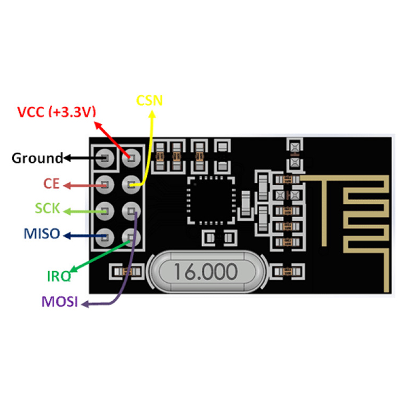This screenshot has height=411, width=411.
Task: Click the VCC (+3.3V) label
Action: (56, 112)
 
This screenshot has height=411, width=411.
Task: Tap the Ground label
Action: (37, 158)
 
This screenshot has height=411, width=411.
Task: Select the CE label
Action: (52, 184)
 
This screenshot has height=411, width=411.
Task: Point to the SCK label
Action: (48, 209)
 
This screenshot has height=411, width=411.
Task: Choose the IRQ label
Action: (59, 276)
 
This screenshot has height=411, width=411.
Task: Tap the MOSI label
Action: (60, 301)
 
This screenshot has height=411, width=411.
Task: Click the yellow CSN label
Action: (150, 100)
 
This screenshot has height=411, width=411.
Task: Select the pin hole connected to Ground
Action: (105, 158)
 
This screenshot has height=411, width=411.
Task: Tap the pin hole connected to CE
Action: (105, 184)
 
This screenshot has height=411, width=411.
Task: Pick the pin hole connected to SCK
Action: (105, 210)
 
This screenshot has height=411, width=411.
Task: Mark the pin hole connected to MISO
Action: (105, 236)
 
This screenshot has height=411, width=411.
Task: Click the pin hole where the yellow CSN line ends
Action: (132, 185)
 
